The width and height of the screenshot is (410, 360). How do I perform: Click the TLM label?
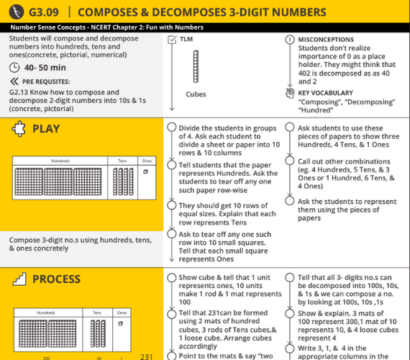(186, 39)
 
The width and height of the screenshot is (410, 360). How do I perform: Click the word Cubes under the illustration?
(195, 94)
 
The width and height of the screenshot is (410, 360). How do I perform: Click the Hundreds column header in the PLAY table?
(60, 161)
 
